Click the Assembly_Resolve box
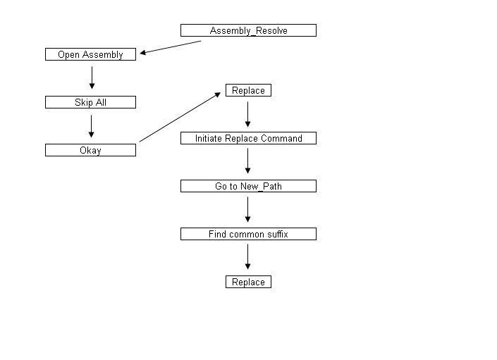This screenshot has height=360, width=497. [x=248, y=30]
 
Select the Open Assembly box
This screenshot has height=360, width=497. [x=90, y=54]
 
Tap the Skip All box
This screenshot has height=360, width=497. [x=90, y=102]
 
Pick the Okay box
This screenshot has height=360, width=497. [x=90, y=150]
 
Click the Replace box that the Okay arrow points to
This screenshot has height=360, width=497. [x=248, y=91]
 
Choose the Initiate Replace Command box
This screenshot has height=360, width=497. [x=248, y=139]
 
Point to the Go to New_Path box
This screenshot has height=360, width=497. [x=248, y=186]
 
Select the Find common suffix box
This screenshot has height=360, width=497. [x=248, y=234]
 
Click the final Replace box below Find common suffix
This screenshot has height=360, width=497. [x=248, y=282]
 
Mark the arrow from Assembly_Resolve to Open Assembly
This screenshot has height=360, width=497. [x=171, y=47]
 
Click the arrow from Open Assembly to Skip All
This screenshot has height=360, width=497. [x=92, y=77]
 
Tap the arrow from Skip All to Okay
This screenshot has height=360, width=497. [x=92, y=125]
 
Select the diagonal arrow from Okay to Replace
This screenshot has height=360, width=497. [x=180, y=117]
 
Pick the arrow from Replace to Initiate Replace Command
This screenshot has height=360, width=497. [x=248, y=114]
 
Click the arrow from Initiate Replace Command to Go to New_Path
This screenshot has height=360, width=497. [x=248, y=161]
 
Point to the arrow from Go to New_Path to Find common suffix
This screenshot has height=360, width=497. [x=248, y=209]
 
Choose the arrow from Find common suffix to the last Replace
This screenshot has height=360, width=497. [x=248, y=257]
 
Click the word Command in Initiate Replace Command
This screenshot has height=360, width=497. [x=281, y=139]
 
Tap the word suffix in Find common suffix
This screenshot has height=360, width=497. [x=276, y=234]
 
